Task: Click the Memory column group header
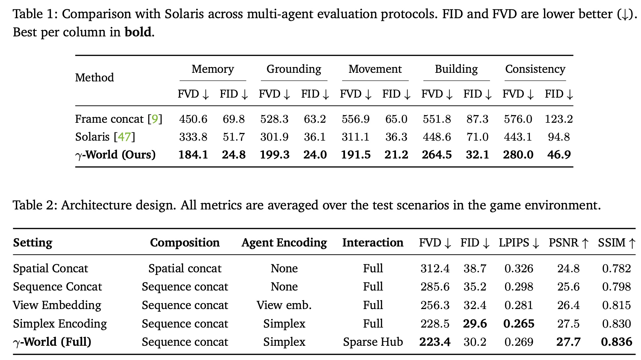pos(213,69)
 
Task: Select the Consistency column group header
pos(535,69)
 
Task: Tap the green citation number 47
pos(124,137)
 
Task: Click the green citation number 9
pos(155,119)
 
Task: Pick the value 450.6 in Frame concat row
pos(193,119)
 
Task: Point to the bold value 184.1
pos(193,155)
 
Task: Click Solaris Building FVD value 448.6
pos(437,137)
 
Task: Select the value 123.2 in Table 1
pos(559,119)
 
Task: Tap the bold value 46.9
pos(559,155)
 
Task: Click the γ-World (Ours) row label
pos(115,155)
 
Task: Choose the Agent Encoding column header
pos(284,243)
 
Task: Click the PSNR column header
pos(569,243)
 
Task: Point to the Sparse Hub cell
pos(373,342)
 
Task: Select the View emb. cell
pos(284,305)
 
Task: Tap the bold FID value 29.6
pos(475,324)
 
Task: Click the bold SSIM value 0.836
pos(616,342)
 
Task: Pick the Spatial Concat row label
pos(50,268)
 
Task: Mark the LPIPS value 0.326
pos(519,268)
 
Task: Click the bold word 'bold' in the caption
pos(138,32)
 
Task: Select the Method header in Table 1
pos(94,77)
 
